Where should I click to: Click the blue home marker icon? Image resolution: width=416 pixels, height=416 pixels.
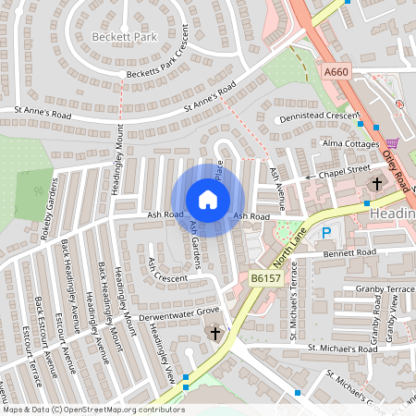[208, 199]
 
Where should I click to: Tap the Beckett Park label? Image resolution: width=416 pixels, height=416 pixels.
[125, 37]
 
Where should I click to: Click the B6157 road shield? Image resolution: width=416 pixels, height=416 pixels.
[264, 277]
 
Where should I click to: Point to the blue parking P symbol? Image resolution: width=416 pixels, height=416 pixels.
[326, 235]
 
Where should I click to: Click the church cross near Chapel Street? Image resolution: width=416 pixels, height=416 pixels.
[376, 183]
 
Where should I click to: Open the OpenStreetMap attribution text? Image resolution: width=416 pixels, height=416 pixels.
[92, 410]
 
